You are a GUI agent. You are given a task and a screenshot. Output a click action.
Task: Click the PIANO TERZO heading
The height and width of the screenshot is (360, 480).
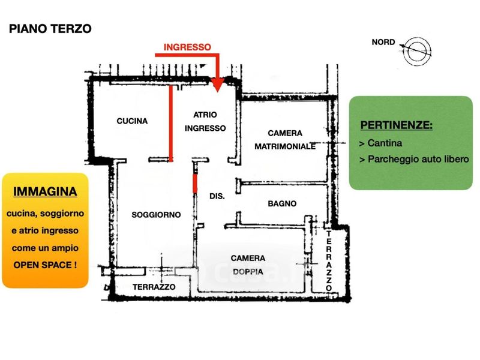50,29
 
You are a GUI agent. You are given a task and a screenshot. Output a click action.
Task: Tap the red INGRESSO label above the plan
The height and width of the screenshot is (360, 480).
187,47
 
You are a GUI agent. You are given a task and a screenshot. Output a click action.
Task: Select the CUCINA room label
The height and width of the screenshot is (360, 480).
132,121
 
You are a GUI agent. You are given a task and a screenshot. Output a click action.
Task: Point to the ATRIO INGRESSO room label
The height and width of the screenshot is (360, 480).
205,121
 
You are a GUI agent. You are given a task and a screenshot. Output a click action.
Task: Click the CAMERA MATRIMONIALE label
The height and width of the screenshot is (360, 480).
285,140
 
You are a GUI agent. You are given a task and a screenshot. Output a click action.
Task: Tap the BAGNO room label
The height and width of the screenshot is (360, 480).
282,203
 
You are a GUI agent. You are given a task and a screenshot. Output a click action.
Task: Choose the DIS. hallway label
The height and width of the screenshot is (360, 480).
217,196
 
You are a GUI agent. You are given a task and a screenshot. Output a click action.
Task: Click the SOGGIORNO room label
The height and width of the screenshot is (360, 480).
156,215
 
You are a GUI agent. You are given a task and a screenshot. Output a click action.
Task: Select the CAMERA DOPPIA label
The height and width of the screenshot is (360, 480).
248,265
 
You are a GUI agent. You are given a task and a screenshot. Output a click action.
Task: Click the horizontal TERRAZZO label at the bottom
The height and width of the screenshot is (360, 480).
154,287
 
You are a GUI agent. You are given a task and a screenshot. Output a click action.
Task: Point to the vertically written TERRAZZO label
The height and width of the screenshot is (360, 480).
329,261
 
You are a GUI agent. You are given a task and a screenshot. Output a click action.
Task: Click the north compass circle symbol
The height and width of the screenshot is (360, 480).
416,51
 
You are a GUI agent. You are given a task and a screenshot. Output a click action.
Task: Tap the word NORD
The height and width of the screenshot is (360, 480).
383,42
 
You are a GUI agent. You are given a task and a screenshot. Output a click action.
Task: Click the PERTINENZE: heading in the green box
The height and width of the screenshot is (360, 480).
397,125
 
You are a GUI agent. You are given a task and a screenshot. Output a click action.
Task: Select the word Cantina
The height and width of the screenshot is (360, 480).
385,143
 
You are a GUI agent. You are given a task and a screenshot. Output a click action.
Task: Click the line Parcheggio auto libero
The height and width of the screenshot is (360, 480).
418,159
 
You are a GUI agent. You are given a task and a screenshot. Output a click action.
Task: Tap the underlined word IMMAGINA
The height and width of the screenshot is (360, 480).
45,191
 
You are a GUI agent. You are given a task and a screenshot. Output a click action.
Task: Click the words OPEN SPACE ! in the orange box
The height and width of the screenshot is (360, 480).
45,265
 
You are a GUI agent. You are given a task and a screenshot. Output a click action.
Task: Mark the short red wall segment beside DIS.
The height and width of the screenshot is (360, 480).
195,184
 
